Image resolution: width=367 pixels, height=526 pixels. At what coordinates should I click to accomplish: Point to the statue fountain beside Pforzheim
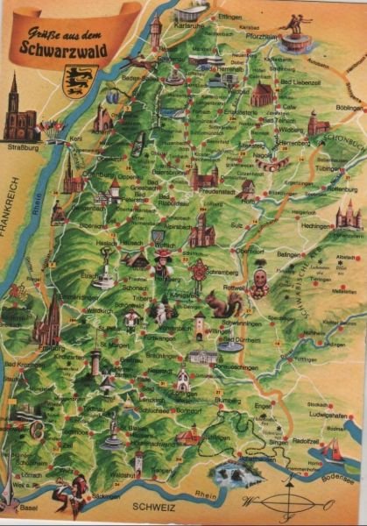tap(296, 33)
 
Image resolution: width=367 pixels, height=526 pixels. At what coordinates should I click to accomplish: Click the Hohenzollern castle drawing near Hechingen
tap(347, 215)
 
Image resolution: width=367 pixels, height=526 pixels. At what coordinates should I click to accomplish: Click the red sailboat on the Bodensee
tap(334, 452)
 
